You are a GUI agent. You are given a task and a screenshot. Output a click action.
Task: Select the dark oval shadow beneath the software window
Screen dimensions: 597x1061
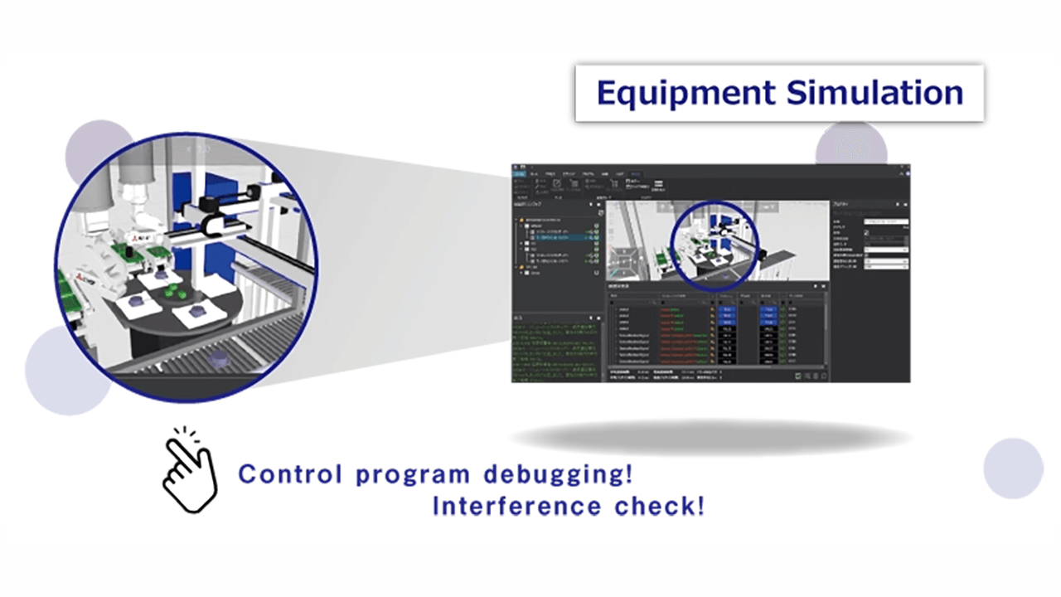[x=710, y=437]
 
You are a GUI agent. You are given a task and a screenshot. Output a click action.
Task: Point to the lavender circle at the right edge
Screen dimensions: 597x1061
[x=1013, y=468]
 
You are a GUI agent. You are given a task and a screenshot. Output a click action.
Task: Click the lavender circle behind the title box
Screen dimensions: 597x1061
[x=851, y=143]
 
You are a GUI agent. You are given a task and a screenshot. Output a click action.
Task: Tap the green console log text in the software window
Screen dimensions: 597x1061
[x=555, y=348]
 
